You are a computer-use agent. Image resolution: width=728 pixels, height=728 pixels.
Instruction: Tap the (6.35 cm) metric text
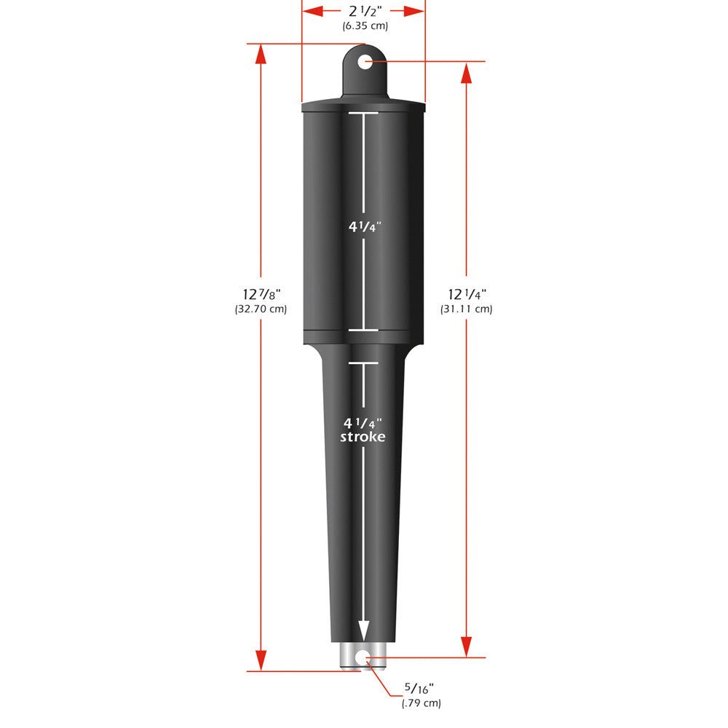[x=365, y=26]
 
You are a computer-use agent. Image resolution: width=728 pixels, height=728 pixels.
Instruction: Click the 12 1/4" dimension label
[x=467, y=294]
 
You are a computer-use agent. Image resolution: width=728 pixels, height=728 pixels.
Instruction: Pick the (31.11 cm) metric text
[x=467, y=309]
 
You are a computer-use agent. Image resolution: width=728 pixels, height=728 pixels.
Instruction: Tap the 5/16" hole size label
[x=421, y=688]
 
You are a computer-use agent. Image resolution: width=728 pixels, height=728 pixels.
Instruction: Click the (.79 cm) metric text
[x=421, y=703]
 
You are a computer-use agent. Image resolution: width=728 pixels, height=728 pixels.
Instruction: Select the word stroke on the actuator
[x=363, y=437]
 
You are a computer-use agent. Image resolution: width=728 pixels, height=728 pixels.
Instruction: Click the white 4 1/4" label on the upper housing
[x=363, y=226]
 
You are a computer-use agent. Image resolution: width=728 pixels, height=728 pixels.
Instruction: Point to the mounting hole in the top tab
[x=365, y=62]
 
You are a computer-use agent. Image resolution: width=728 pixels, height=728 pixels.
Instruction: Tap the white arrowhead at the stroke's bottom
[x=363, y=630]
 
